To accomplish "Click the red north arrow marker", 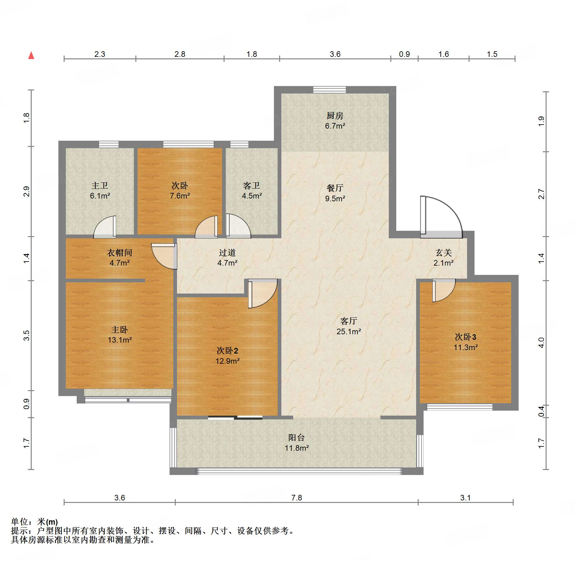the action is click(x=31, y=55).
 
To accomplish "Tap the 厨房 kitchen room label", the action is click(x=335, y=116).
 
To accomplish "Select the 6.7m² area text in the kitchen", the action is click(x=335, y=126).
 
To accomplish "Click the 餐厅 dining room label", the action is click(x=335, y=188).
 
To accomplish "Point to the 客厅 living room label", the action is click(x=349, y=321).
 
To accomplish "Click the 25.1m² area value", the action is click(x=349, y=331).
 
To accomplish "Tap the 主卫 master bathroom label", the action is click(x=100, y=185).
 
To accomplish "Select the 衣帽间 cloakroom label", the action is click(x=120, y=253).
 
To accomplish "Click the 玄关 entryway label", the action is click(x=443, y=253).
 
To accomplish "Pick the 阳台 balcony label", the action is click(x=297, y=438).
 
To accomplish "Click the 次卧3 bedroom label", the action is click(x=466, y=337).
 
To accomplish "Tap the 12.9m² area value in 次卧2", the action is click(x=228, y=361).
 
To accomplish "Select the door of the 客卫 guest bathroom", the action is click(x=238, y=226).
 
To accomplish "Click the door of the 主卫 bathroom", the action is click(x=105, y=227).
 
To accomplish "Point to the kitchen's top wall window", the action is click(x=329, y=90).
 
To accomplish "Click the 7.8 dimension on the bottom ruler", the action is click(x=297, y=498).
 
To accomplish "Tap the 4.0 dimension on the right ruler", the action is click(x=541, y=343).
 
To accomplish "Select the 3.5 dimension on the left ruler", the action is click(x=27, y=335).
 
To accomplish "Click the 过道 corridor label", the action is click(x=227, y=253).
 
